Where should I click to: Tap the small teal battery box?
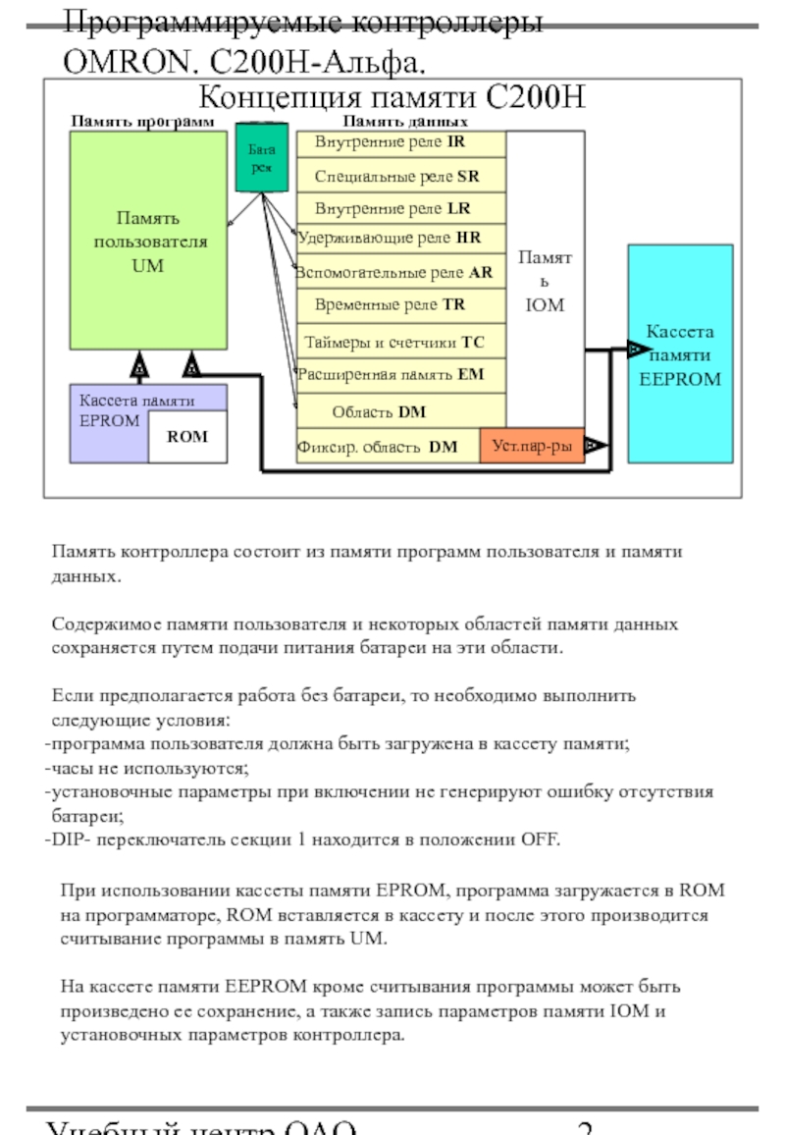[261, 157]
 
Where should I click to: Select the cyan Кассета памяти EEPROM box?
[680, 353]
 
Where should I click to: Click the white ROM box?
[187, 437]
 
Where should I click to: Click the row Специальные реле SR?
[400, 177]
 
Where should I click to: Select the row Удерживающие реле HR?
[400, 238]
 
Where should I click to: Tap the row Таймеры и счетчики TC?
[400, 343]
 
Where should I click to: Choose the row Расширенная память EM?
[400, 374]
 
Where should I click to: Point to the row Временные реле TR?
[400, 305]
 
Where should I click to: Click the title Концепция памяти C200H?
[392, 99]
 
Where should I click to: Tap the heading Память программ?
[142, 122]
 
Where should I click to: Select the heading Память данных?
[404, 122]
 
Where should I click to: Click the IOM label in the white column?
[545, 305]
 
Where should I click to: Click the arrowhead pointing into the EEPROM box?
[637, 349]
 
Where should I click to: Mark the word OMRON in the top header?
[116, 63]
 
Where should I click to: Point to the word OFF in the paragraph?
[539, 840]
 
